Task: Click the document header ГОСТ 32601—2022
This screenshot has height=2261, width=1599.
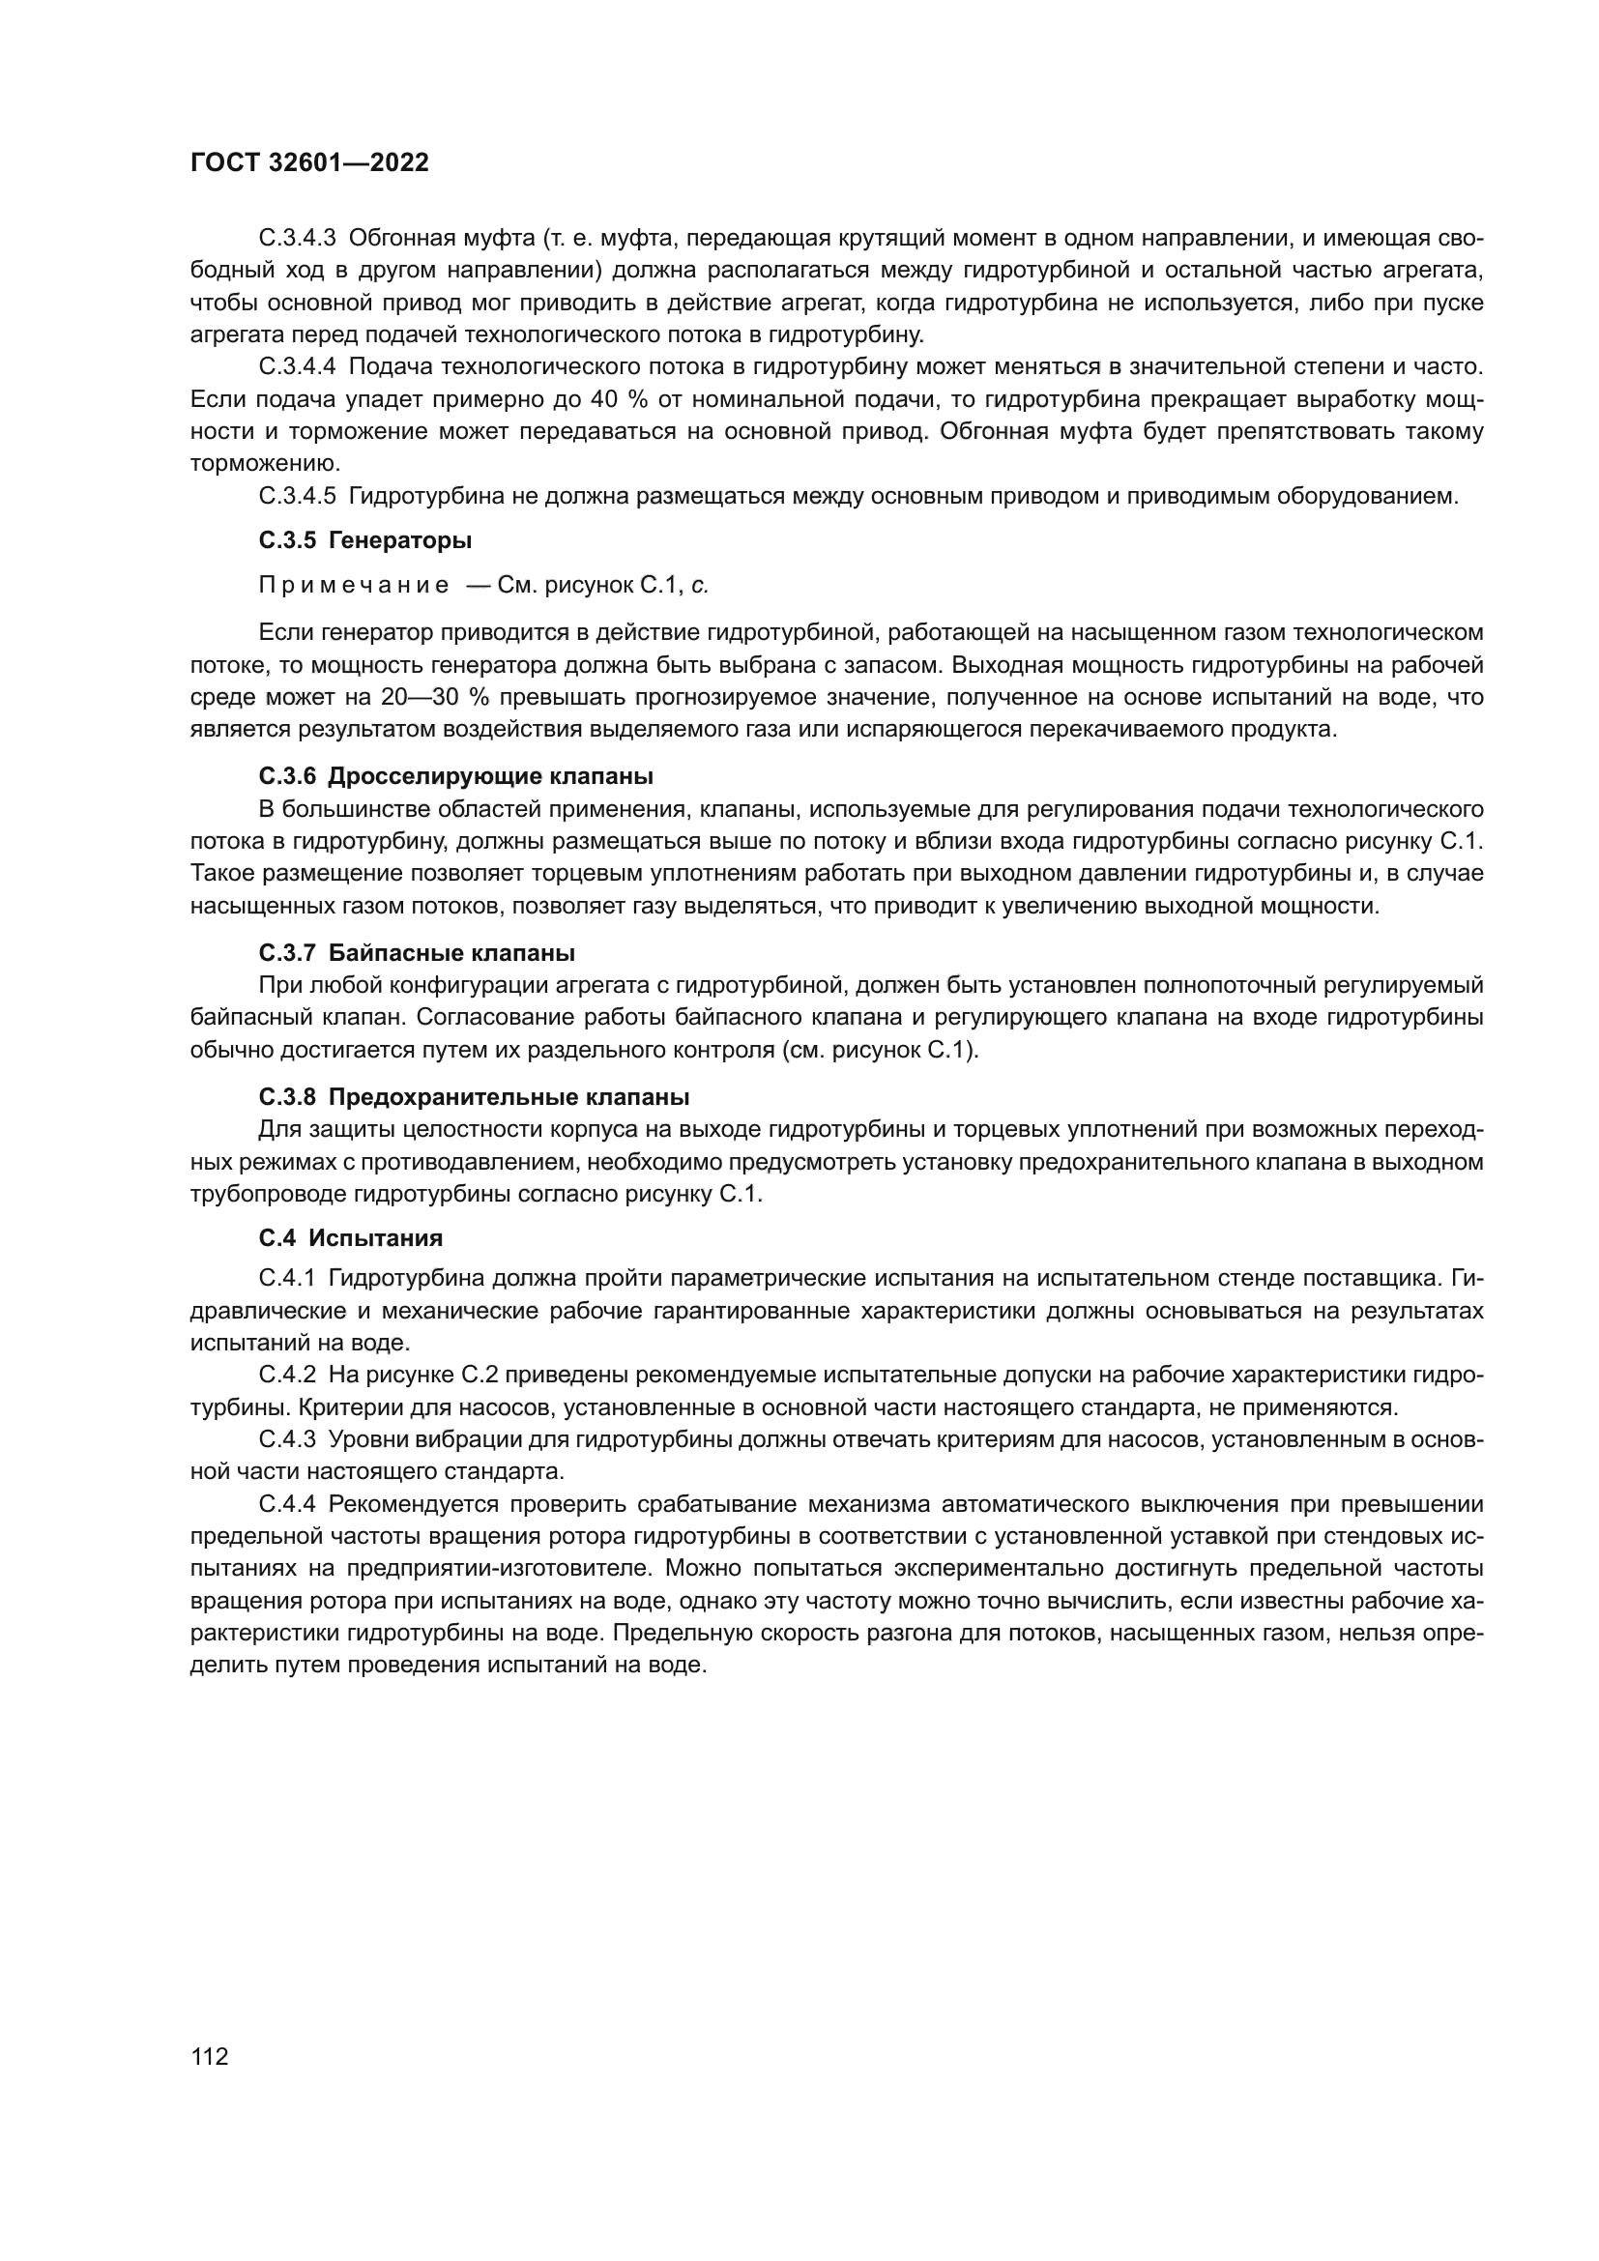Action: coord(309,162)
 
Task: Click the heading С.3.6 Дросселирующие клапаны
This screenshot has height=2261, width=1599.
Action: coord(456,776)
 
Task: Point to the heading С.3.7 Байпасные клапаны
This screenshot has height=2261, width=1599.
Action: coord(417,953)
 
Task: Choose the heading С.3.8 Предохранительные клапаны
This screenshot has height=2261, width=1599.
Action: coord(474,1097)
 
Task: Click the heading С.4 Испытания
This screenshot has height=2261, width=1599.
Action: coord(351,1238)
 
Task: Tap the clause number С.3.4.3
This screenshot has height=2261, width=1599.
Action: coord(298,239)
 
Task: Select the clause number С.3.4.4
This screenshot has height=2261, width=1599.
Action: coord(298,367)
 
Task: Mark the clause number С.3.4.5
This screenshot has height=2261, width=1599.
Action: coord(298,496)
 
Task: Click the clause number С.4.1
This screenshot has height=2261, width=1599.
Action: coord(286,1279)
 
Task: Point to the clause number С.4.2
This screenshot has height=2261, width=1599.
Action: coord(286,1375)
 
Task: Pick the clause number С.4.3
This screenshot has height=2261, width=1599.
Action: coord(286,1439)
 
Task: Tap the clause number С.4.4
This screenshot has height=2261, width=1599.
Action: coord(286,1505)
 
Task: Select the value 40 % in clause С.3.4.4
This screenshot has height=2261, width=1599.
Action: coord(611,400)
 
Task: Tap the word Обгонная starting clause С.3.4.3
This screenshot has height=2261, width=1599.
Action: coord(397,239)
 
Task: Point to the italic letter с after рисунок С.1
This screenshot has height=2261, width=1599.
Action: coord(699,586)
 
